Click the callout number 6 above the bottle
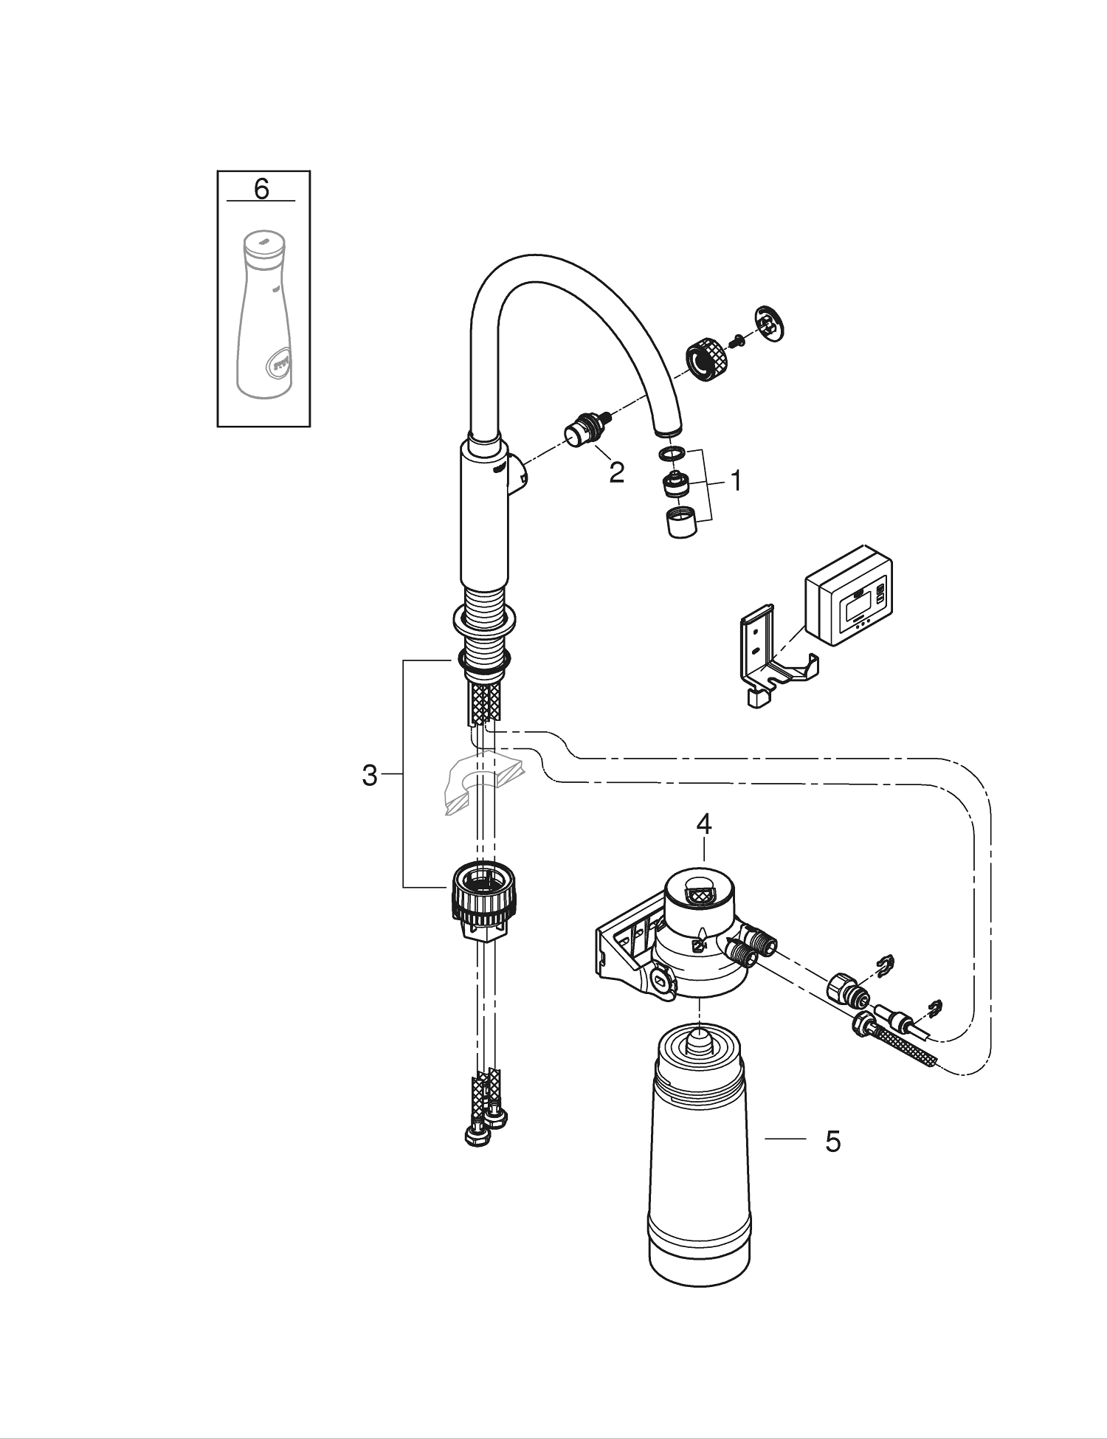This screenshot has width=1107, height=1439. [261, 189]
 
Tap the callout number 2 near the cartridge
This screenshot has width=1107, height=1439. [616, 473]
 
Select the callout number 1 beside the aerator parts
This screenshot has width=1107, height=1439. [735, 482]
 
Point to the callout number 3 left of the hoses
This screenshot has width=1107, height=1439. [370, 776]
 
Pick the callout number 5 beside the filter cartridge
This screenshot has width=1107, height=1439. [832, 1141]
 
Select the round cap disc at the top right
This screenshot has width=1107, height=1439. [770, 324]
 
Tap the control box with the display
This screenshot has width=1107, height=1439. [849, 596]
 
